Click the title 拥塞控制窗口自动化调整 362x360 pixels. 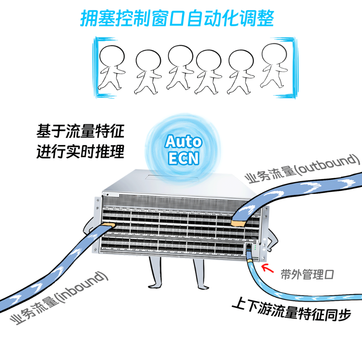[x=177, y=18]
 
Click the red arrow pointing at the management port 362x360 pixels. [x=268, y=269]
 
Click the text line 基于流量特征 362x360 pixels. [x=79, y=132]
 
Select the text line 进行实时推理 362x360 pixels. [x=79, y=152]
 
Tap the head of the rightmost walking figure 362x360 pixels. [x=274, y=52]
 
